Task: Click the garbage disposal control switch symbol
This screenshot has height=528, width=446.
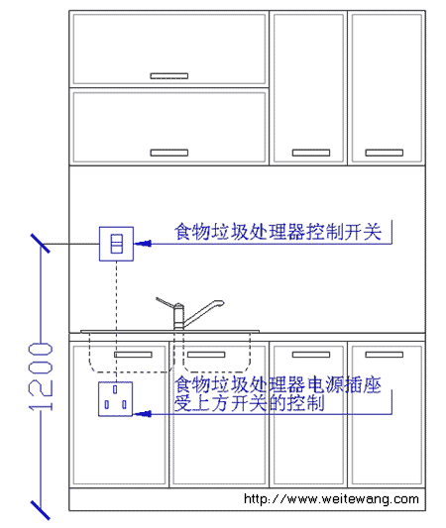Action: click(116, 244)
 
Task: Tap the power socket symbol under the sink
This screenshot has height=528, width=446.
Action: click(115, 399)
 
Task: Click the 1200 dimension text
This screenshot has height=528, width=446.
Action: click(41, 376)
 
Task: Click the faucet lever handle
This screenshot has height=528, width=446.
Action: click(166, 302)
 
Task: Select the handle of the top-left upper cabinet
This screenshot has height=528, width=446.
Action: click(169, 76)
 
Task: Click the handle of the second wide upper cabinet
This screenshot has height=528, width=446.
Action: click(169, 153)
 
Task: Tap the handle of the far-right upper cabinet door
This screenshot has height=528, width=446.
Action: click(384, 153)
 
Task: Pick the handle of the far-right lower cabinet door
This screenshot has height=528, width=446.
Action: click(384, 355)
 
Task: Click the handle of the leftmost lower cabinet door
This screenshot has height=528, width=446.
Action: click(133, 355)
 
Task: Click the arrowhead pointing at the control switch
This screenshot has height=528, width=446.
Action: click(143, 244)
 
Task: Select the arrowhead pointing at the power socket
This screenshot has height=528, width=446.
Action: click(143, 413)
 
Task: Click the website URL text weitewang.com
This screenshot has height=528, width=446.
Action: click(331, 498)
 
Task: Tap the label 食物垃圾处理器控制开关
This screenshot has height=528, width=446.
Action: click(278, 232)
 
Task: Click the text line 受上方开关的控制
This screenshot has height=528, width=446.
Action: click(250, 403)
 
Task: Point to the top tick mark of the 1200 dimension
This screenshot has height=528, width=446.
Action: click(40, 243)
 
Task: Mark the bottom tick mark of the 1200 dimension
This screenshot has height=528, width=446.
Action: click(40, 510)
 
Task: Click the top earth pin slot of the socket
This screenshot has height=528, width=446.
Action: click(115, 389)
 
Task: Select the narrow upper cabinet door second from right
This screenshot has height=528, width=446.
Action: click(308, 88)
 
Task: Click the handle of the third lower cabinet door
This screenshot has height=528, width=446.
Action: click(311, 355)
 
